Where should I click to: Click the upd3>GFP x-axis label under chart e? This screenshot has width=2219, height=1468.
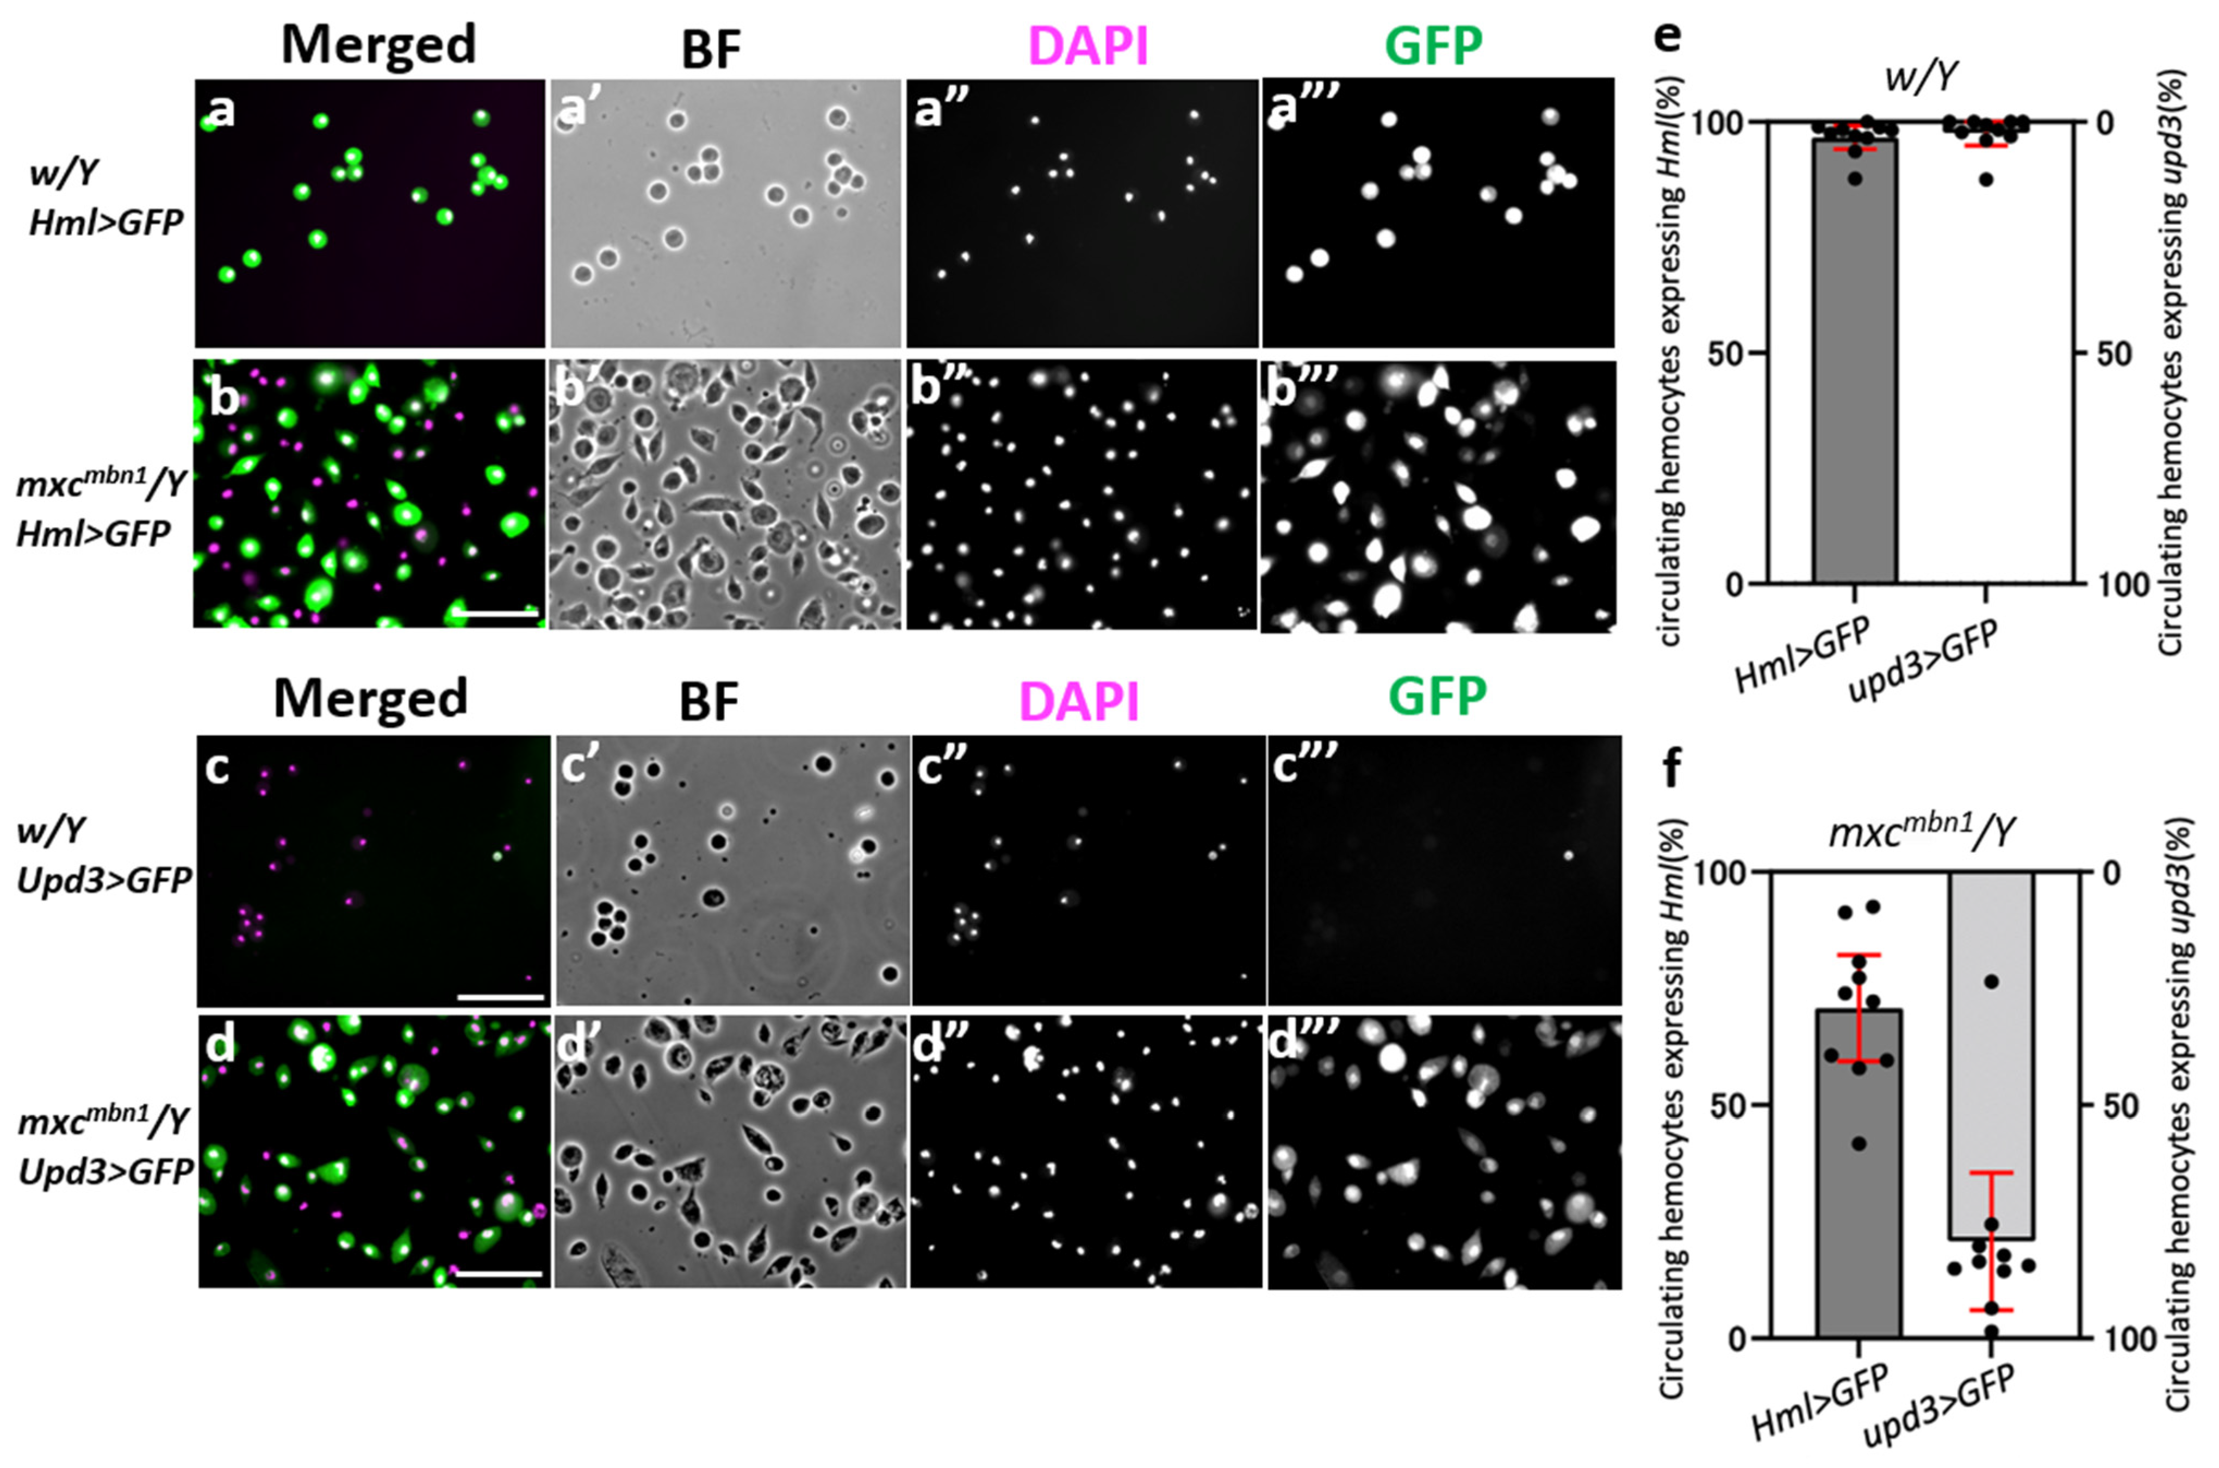click(x=1923, y=660)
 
